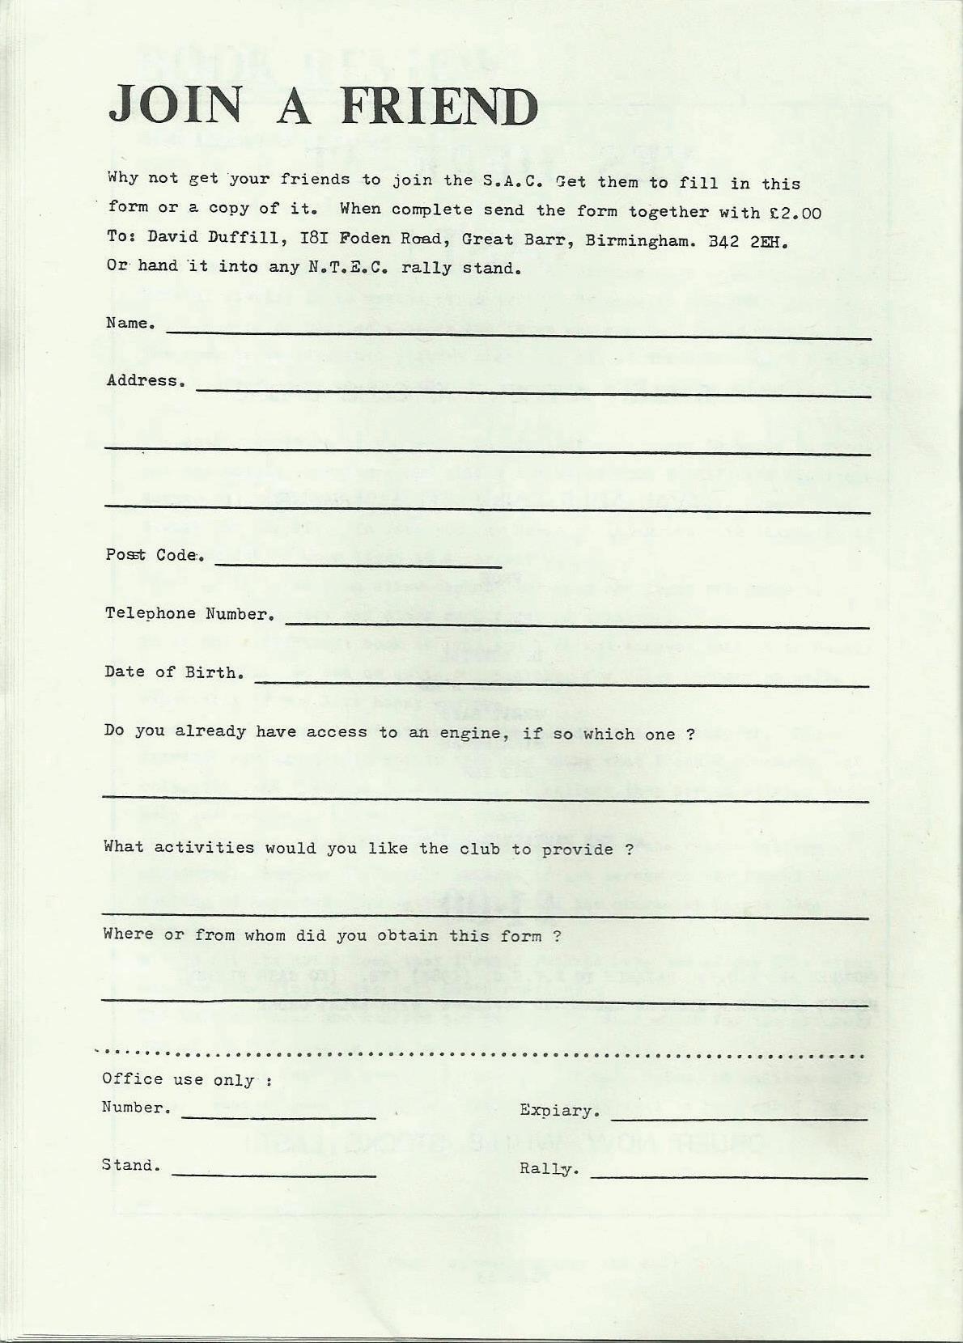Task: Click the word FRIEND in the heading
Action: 439,106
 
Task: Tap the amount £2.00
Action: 794,213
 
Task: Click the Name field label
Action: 130,324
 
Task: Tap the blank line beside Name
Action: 518,334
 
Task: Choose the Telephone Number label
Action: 189,613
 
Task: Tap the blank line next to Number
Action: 279,1117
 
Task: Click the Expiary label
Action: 560,1111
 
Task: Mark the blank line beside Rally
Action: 728,1177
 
